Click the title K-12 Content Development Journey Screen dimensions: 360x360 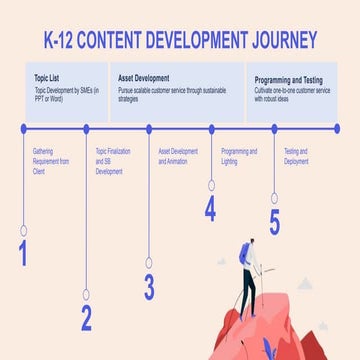coord(180,41)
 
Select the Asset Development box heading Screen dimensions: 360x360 coord(143,77)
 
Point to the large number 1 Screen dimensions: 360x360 coord(22,254)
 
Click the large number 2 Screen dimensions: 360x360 coord(86,318)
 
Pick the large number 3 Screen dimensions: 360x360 coord(149,287)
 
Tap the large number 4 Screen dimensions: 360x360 coord(210,209)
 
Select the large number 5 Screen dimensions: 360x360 coord(274,223)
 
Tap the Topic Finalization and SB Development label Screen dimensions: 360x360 coord(108,161)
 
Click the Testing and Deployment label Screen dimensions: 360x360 coord(297,154)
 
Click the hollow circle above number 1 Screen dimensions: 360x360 coord(23,230)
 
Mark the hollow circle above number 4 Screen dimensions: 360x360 coord(211,184)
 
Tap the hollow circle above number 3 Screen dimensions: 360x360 coord(149,262)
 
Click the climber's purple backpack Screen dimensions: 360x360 coord(243,255)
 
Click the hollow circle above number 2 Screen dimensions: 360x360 coord(86,294)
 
